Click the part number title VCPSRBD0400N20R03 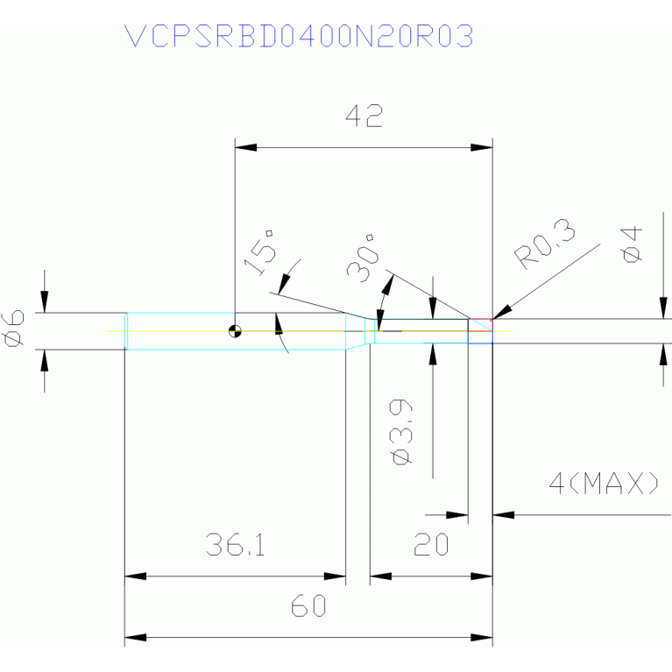pyautogui.click(x=299, y=36)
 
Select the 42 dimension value pyautogui.click(x=364, y=117)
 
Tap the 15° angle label pyautogui.click(x=259, y=252)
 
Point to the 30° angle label pyautogui.click(x=363, y=258)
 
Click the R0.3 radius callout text pyautogui.click(x=544, y=244)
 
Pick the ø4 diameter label pyautogui.click(x=632, y=244)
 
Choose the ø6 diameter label pyautogui.click(x=12, y=329)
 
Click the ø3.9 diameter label pyautogui.click(x=401, y=432)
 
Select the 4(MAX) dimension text pyautogui.click(x=604, y=483)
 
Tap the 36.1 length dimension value pyautogui.click(x=236, y=545)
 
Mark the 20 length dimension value pyautogui.click(x=431, y=545)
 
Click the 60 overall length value pyautogui.click(x=308, y=606)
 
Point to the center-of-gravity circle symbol pyautogui.click(x=235, y=331)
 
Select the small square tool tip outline pyautogui.click(x=480, y=331)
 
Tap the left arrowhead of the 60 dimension pyautogui.click(x=135, y=638)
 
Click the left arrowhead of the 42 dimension pyautogui.click(x=245, y=147)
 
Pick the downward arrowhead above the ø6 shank pyautogui.click(x=44, y=301)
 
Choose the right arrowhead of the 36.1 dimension pyautogui.click(x=335, y=577)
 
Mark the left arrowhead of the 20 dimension pyautogui.click(x=380, y=577)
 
